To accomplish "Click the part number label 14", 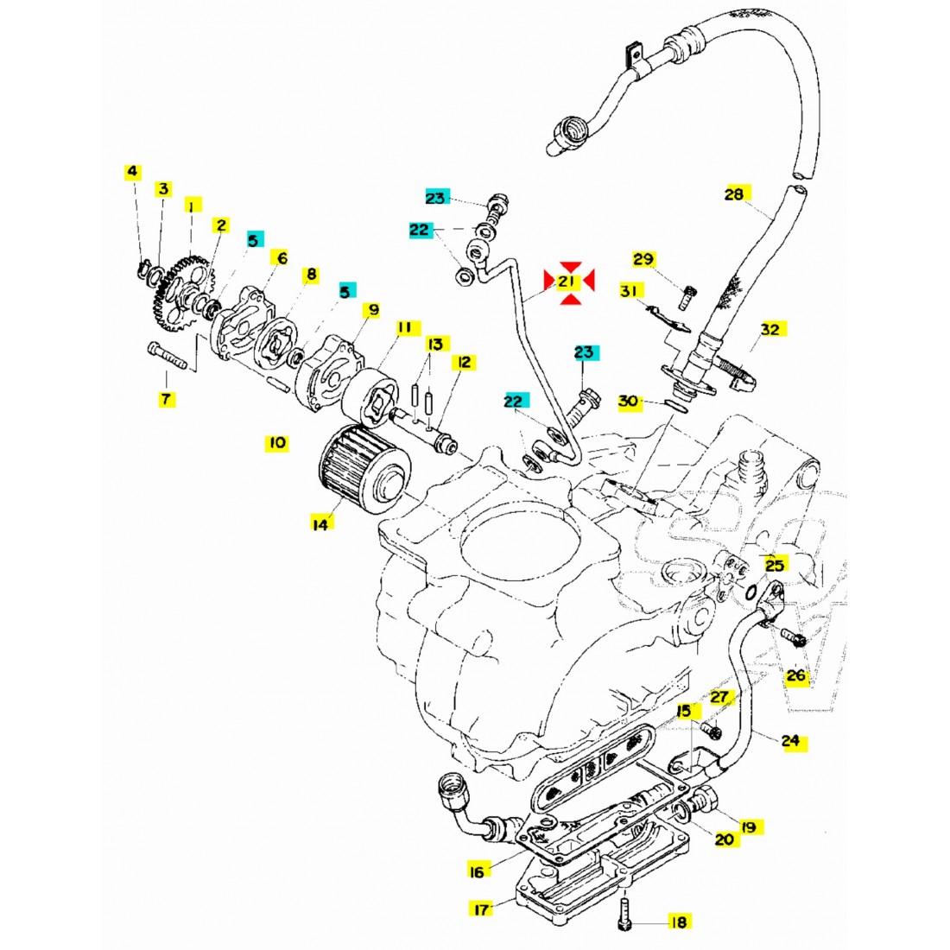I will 321,522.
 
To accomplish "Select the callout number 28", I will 733,194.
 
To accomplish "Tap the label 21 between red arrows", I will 567,282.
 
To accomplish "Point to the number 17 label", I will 481,908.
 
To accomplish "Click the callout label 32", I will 769,329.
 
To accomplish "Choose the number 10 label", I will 275,443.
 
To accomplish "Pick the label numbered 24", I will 790,740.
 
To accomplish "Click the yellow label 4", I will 132,173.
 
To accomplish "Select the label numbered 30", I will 630,401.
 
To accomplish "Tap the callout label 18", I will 679,922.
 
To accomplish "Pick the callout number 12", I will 464,362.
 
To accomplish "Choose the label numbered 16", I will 476,871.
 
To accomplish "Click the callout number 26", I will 795,675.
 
